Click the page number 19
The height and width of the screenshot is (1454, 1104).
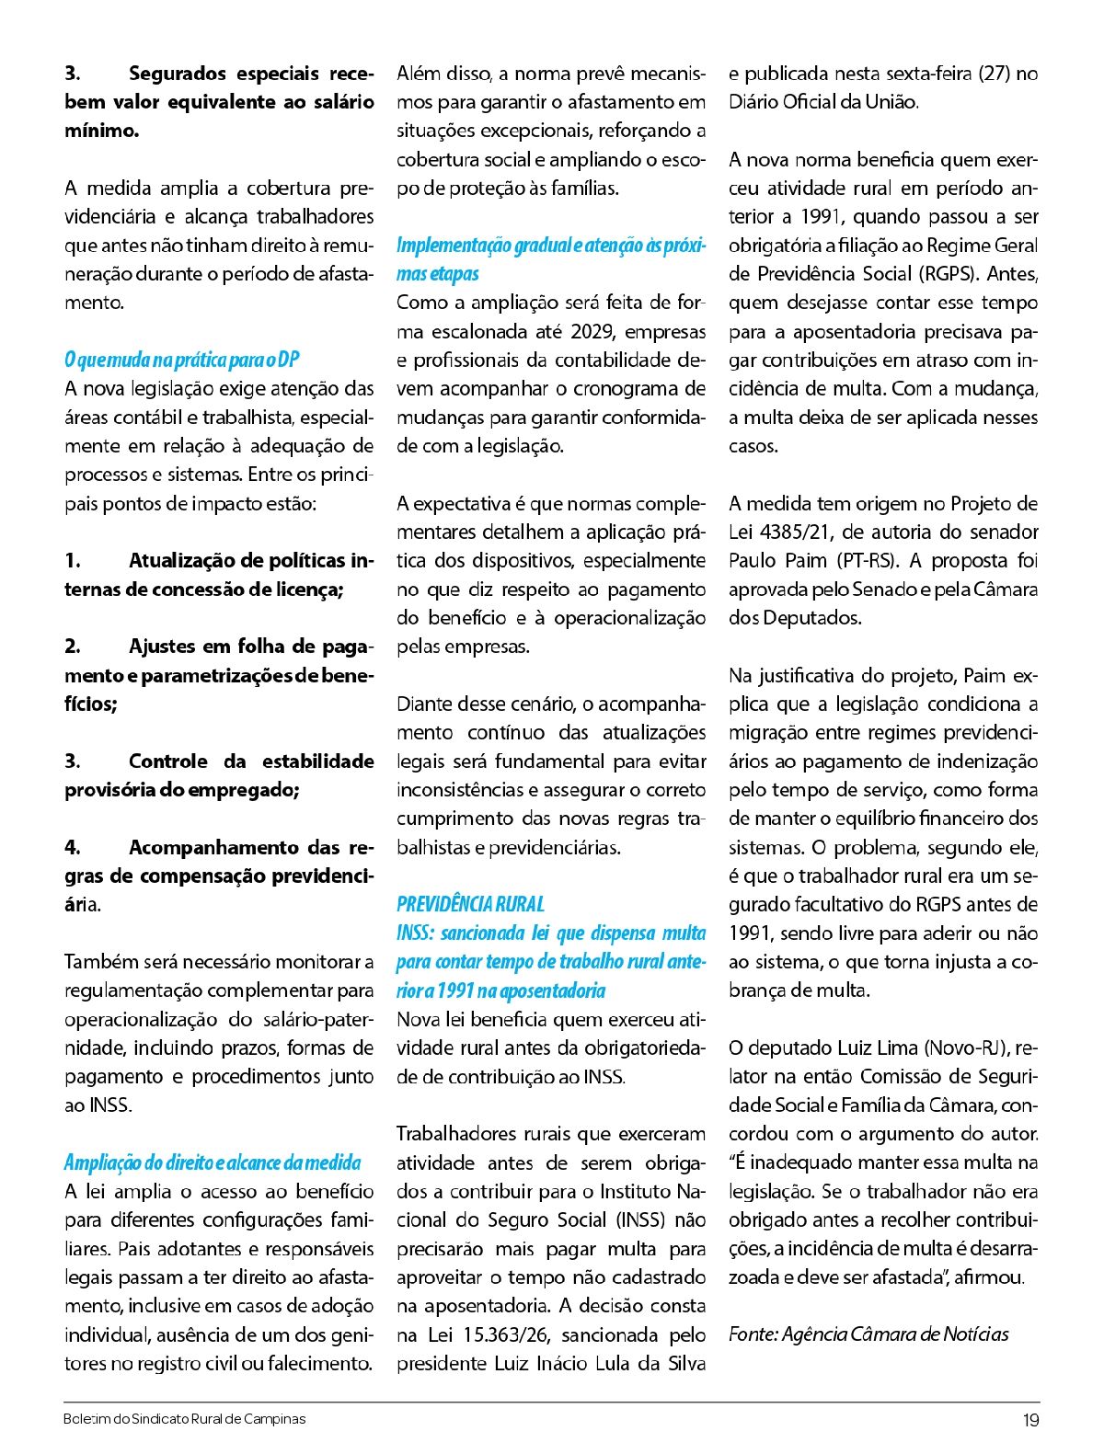point(1030,1420)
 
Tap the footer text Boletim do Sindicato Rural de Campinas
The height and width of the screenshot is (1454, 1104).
point(184,1419)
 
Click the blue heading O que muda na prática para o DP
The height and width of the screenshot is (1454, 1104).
point(182,360)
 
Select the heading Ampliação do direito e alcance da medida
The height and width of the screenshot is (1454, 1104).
point(213,1162)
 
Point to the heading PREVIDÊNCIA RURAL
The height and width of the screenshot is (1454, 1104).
point(470,904)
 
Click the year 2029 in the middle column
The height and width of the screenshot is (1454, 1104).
point(593,331)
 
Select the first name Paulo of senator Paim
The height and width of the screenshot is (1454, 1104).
point(754,560)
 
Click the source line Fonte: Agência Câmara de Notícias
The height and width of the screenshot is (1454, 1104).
point(868,1334)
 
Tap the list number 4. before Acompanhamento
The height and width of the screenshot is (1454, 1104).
point(73,847)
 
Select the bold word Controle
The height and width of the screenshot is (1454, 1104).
point(168,761)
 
